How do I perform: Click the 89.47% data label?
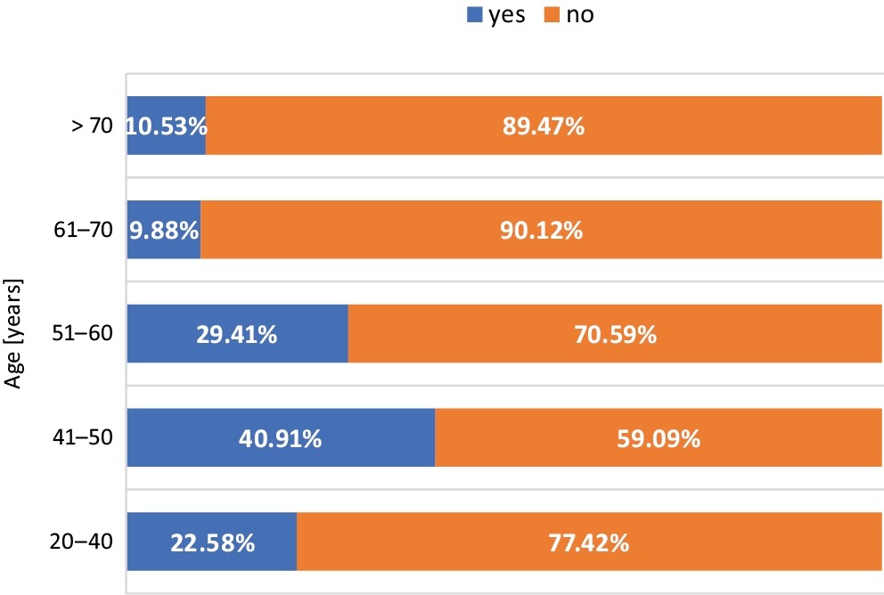coord(544,126)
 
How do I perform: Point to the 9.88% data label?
coord(164,231)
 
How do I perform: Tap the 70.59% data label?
coord(616,335)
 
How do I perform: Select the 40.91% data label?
coord(281,439)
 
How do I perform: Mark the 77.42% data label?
coord(588,542)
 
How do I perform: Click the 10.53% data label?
coord(167,126)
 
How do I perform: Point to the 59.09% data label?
coord(659,439)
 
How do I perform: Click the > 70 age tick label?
coord(93,126)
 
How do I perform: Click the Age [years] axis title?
coord(14,334)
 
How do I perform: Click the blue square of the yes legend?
coord(474,14)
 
